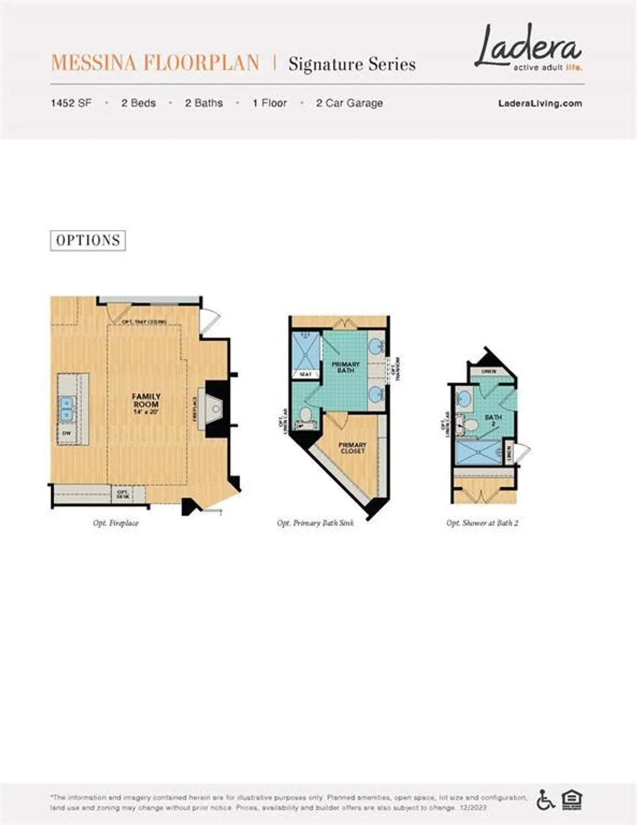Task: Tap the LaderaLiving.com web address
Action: pyautogui.click(x=540, y=103)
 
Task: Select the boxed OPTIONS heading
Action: pyautogui.click(x=88, y=240)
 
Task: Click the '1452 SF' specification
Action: pyautogui.click(x=71, y=103)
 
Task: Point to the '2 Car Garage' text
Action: pyautogui.click(x=349, y=103)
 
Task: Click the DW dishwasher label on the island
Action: pyautogui.click(x=67, y=433)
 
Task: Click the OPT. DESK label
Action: pyautogui.click(x=123, y=494)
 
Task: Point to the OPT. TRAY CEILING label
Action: pyautogui.click(x=144, y=321)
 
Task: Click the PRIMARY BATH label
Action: pyautogui.click(x=345, y=367)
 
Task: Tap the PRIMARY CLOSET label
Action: pyautogui.click(x=352, y=448)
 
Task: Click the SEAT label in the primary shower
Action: pyautogui.click(x=305, y=374)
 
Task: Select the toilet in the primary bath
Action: pyautogui.click(x=305, y=416)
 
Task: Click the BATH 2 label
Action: pyautogui.click(x=493, y=420)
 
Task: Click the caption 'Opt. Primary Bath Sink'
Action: pyautogui.click(x=315, y=523)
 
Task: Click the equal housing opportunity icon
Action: pyautogui.click(x=572, y=799)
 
